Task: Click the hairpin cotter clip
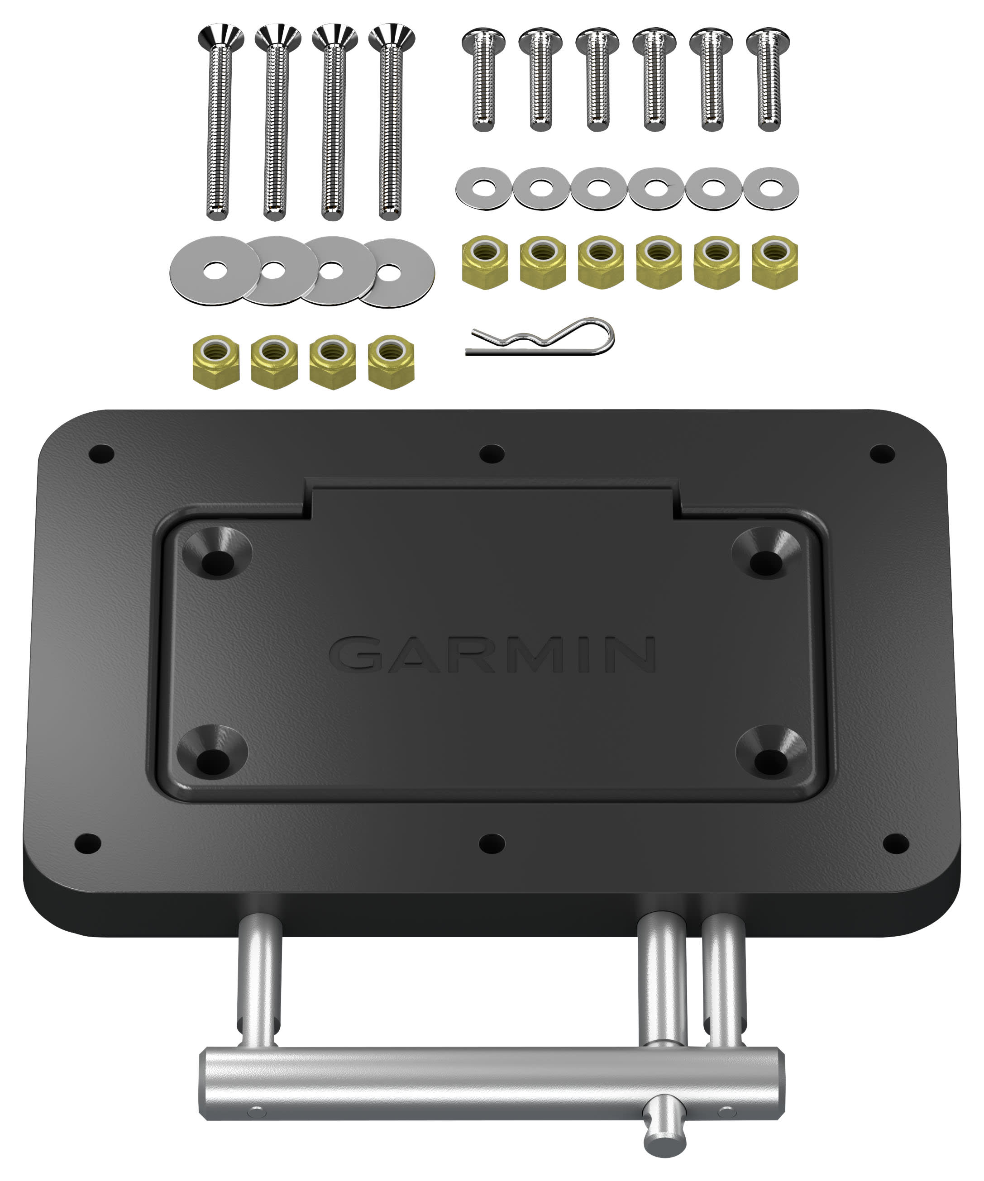(x=540, y=338)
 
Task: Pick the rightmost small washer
(x=771, y=188)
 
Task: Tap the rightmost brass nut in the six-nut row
(x=775, y=262)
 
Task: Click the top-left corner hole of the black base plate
(x=102, y=453)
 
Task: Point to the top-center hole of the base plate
(x=492, y=453)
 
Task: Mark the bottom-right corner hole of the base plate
(x=896, y=843)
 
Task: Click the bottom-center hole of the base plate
(x=492, y=843)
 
